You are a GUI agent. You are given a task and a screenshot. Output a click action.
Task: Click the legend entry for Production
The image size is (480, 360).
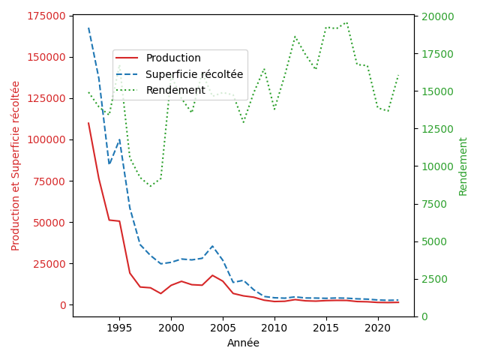pyautogui.click(x=173, y=58)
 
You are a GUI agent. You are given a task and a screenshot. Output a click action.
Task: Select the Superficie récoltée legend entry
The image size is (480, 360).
pyautogui.click(x=194, y=74)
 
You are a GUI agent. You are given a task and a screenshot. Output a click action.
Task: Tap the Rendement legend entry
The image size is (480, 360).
pyautogui.click(x=175, y=90)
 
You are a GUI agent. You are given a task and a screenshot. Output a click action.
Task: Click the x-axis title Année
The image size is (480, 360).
pyautogui.click(x=243, y=343)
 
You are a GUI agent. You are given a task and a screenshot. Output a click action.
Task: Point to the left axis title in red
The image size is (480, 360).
pyautogui.click(x=16, y=166)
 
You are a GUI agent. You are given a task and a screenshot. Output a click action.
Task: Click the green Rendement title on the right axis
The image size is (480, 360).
pyautogui.click(x=463, y=166)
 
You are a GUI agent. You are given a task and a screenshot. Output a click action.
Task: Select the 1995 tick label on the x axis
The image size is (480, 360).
pyautogui.click(x=119, y=328)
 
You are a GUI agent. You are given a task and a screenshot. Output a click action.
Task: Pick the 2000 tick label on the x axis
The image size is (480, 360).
pyautogui.click(x=171, y=328)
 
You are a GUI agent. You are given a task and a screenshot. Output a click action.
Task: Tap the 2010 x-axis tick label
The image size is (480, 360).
pyautogui.click(x=274, y=328)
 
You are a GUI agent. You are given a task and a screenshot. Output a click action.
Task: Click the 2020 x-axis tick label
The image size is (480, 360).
pyautogui.click(x=378, y=328)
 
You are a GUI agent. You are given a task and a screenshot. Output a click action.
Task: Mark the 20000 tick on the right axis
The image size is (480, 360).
pyautogui.click(x=436, y=16)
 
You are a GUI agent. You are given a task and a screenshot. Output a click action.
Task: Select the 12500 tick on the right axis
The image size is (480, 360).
pyautogui.click(x=436, y=129)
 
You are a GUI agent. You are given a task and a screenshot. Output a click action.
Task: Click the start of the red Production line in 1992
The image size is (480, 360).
pyautogui.click(x=88, y=123)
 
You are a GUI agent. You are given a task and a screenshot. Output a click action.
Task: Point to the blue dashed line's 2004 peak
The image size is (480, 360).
pyautogui.click(x=212, y=246)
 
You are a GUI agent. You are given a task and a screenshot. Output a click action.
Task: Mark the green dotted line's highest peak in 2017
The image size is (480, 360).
pyautogui.click(x=346, y=22)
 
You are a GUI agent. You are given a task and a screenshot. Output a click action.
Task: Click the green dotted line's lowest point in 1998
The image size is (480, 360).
pyautogui.click(x=151, y=187)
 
